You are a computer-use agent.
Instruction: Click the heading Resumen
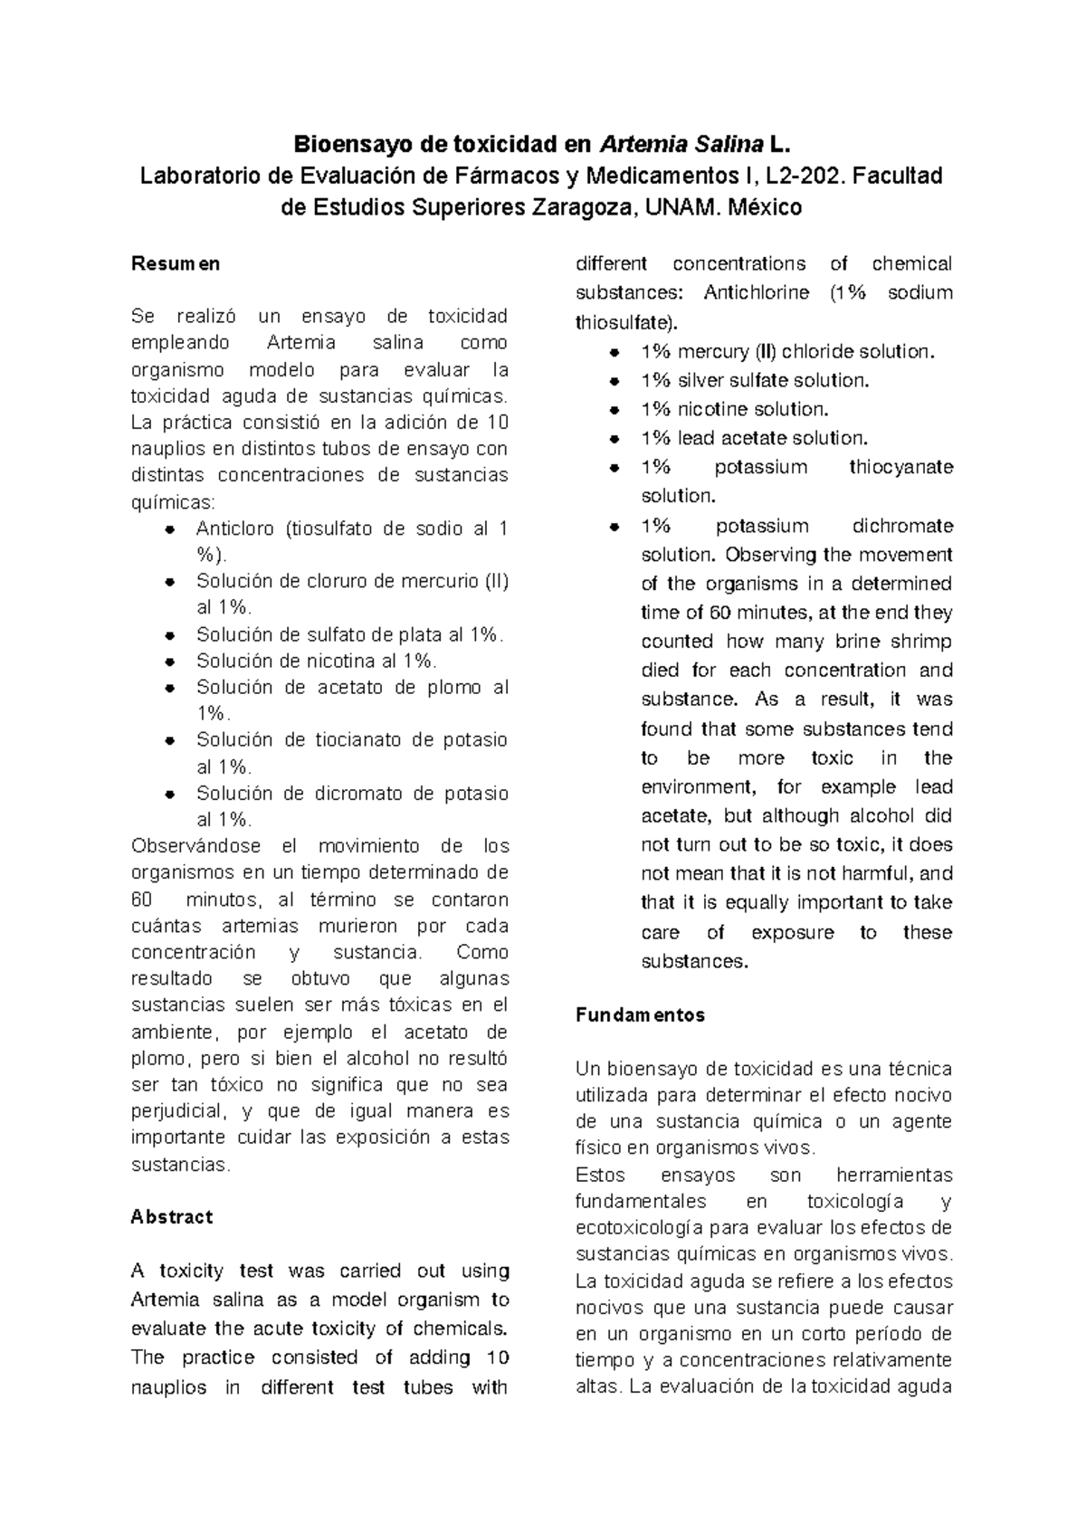pyautogui.click(x=176, y=264)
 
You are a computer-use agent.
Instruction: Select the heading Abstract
pyautogui.click(x=172, y=1217)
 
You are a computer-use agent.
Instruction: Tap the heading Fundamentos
pyautogui.click(x=640, y=1015)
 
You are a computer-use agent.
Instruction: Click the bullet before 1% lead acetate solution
pyautogui.click(x=614, y=439)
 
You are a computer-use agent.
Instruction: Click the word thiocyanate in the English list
pyautogui.click(x=900, y=468)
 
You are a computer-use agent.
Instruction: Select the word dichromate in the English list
pyautogui.click(x=902, y=527)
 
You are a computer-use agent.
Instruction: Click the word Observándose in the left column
pyautogui.click(x=195, y=847)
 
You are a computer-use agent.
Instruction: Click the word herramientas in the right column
pyautogui.click(x=894, y=1176)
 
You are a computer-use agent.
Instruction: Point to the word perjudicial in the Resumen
pyautogui.click(x=176, y=1111)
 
